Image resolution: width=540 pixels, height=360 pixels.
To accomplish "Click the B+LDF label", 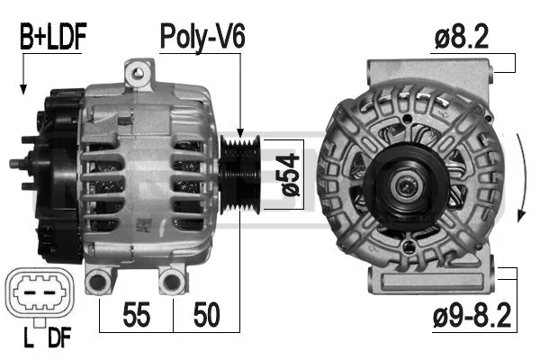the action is pyautogui.click(x=53, y=37).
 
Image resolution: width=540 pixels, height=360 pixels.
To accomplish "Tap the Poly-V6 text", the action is pyautogui.click(x=202, y=37).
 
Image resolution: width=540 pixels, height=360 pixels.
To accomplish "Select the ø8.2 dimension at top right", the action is pyautogui.click(x=462, y=37).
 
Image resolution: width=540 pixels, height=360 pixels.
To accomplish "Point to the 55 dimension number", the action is pyautogui.click(x=137, y=314).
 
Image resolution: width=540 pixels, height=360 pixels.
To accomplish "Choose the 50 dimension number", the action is pyautogui.click(x=207, y=314).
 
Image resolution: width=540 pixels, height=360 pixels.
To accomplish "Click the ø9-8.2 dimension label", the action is pyautogui.click(x=472, y=315).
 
